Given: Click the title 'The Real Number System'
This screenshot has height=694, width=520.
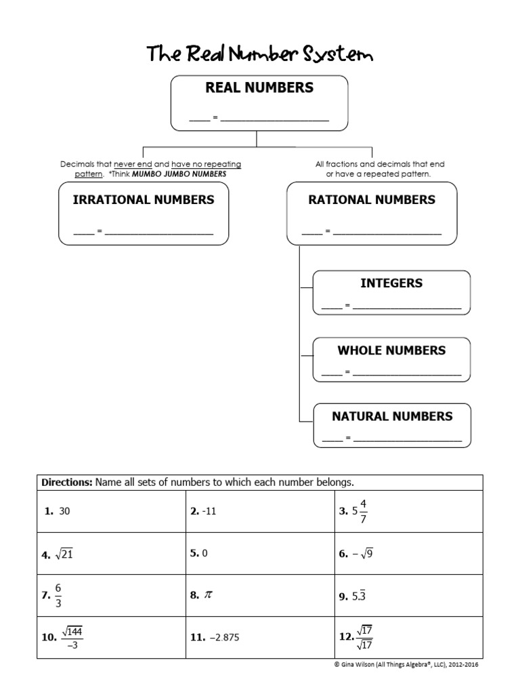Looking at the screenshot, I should [259, 54].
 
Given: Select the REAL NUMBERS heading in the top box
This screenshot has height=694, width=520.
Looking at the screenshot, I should [259, 87].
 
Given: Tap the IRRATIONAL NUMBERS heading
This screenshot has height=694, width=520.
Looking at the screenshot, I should [144, 200].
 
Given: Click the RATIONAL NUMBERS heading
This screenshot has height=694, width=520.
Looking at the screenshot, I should [372, 200].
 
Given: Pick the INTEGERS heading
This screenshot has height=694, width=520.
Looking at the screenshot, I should [391, 283].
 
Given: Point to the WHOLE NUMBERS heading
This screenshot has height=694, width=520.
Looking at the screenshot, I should [391, 350].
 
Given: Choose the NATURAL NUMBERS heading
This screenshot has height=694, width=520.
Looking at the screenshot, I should [392, 416].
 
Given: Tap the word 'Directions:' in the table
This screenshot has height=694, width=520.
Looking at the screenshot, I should [67, 483].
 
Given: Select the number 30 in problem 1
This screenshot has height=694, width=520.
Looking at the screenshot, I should [65, 512].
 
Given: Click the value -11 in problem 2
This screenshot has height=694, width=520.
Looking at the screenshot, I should [209, 512].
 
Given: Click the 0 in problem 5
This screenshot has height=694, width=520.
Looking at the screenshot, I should [204, 553].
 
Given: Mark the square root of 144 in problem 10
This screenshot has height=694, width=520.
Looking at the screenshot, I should [72, 631].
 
